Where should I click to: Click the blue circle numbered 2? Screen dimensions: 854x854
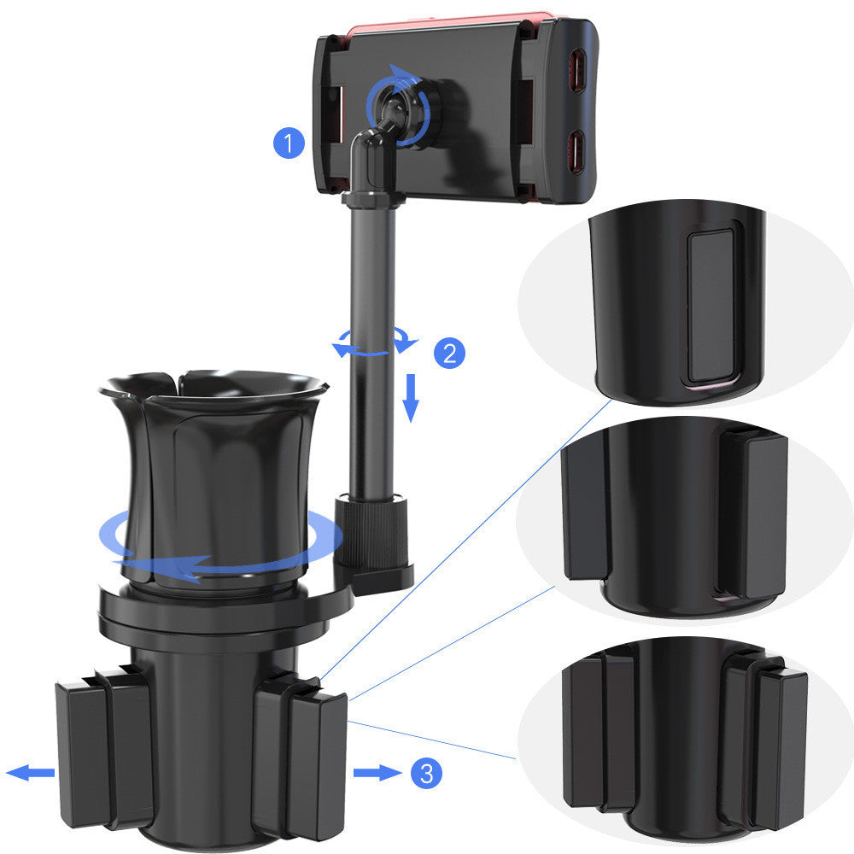[x=450, y=353]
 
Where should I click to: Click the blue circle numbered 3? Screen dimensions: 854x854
[x=426, y=774]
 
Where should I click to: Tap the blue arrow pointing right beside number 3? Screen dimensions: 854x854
[x=377, y=774]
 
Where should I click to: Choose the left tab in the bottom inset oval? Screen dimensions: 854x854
[x=598, y=730]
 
